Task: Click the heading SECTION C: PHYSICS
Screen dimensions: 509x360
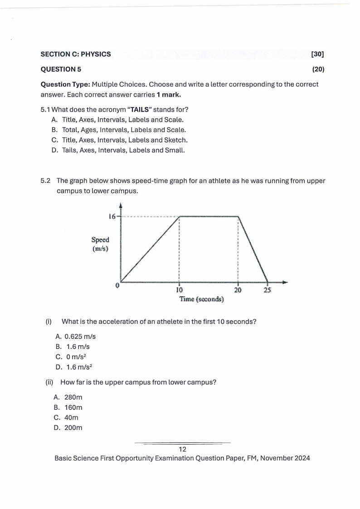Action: pyautogui.click(x=76, y=54)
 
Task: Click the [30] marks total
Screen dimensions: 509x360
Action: pyautogui.click(x=317, y=54)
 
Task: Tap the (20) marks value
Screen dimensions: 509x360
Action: pyautogui.click(x=318, y=69)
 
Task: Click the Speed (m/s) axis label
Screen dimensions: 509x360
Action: pyautogui.click(x=100, y=244)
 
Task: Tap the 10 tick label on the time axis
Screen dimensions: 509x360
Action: pyautogui.click(x=180, y=290)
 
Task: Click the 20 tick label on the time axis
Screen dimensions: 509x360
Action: pyautogui.click(x=238, y=290)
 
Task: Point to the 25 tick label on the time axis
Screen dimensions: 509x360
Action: pyautogui.click(x=267, y=290)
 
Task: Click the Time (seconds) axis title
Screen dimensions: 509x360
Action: pyautogui.click(x=202, y=299)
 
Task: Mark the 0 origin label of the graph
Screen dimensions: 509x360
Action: pyautogui.click(x=117, y=285)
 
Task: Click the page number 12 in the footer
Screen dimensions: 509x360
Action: pyautogui.click(x=183, y=449)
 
